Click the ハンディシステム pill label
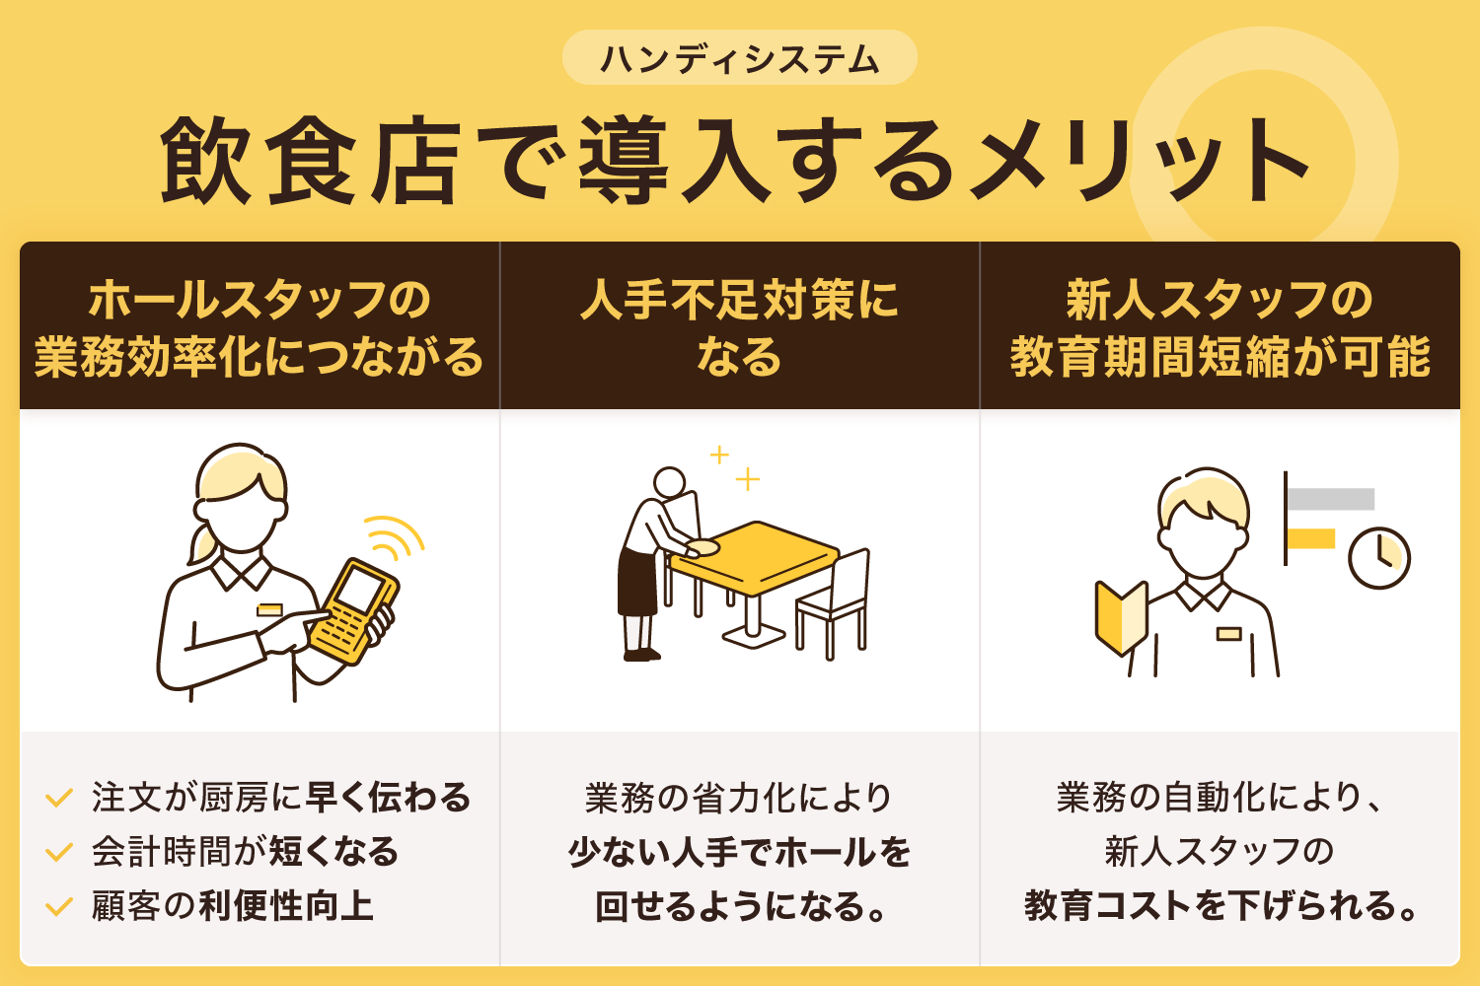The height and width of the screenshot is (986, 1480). point(739,58)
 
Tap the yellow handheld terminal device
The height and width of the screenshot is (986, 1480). point(353,610)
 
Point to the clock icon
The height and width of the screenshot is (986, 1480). point(1378,558)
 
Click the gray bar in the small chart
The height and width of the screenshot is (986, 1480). point(1331,499)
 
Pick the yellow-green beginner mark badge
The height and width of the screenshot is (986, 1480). point(1121,617)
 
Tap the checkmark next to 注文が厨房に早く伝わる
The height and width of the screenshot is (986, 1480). point(59,798)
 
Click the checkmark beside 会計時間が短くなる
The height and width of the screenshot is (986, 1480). point(59,852)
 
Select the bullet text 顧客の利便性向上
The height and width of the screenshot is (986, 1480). point(233,905)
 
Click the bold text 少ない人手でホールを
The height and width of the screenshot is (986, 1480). point(739,852)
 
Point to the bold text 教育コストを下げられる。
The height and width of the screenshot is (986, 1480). point(1220,905)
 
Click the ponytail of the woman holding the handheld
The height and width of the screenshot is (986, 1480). point(203,543)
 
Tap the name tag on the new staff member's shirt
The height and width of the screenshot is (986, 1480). point(1228,633)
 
